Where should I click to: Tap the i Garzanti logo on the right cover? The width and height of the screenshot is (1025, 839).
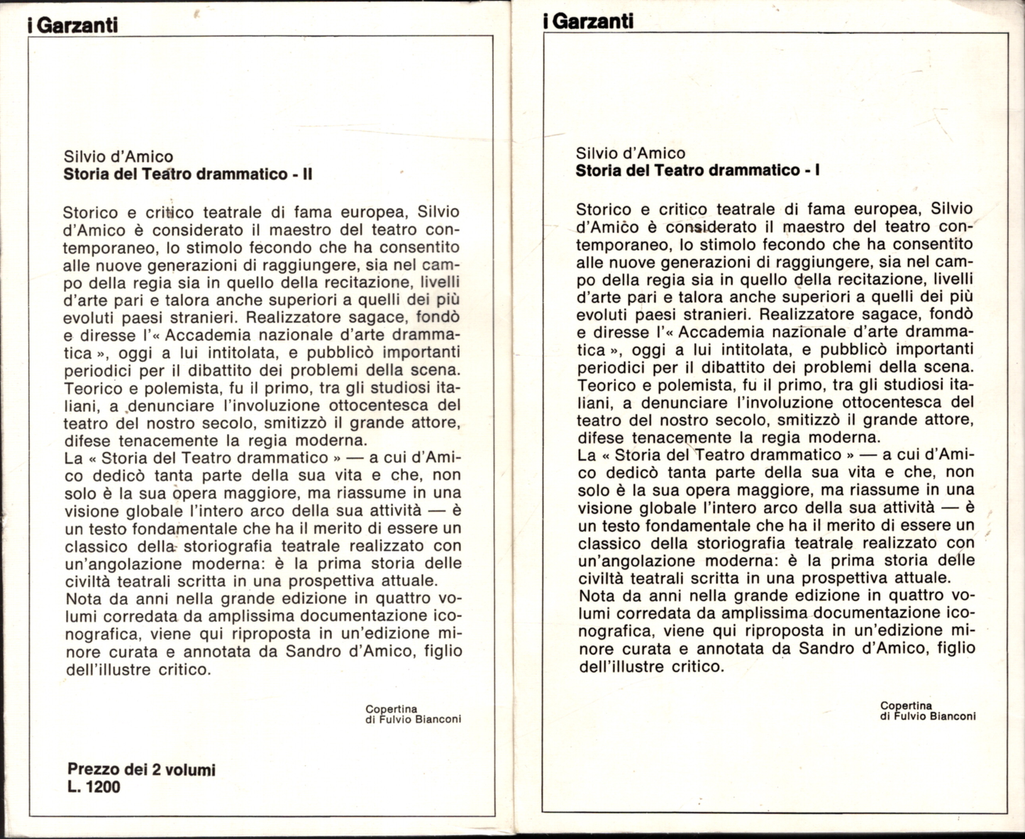coord(587,21)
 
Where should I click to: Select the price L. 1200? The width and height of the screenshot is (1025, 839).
coord(94,786)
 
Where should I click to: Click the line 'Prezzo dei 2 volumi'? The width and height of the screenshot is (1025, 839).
coord(141,769)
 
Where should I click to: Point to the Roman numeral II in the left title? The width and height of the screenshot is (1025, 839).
coord(307,174)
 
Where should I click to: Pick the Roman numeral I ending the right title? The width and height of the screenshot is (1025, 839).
coord(818,170)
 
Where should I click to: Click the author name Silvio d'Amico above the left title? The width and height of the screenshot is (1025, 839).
coord(118,156)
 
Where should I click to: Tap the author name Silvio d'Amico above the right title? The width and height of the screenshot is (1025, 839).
coord(631,153)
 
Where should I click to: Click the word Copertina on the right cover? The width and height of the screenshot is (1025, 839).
coord(906,706)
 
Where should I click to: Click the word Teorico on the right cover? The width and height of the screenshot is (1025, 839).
coord(606,384)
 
